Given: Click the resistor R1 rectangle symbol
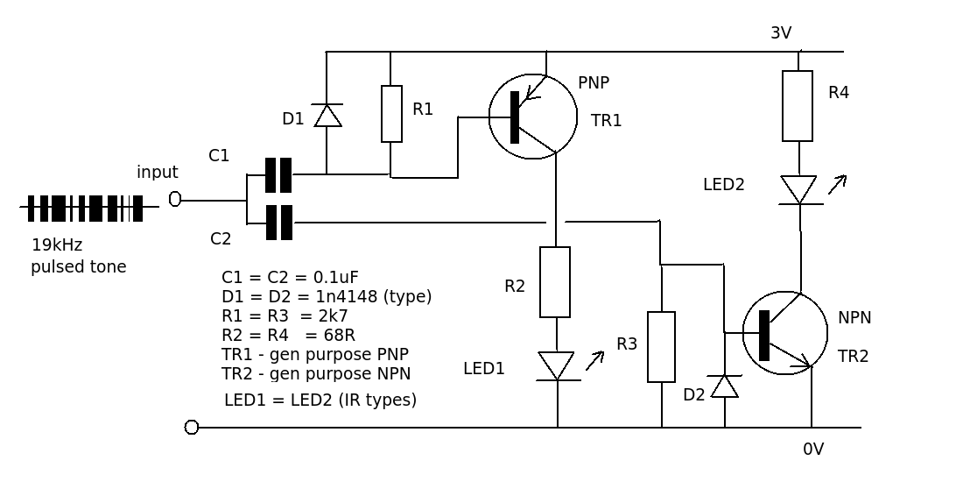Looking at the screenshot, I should [x=391, y=114].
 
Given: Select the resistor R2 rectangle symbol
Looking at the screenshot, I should [x=555, y=282].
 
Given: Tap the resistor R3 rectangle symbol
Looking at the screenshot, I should [x=661, y=347].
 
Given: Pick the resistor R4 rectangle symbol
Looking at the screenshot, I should [x=798, y=106].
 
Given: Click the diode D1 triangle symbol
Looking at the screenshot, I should [x=327, y=116].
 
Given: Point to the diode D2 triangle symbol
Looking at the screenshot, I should [x=725, y=386].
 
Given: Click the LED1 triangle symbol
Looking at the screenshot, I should [x=557, y=365].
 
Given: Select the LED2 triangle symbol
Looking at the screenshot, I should [x=798, y=189].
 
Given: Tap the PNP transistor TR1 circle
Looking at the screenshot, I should [x=533, y=117].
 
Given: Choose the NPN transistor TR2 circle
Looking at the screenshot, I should [x=785, y=333].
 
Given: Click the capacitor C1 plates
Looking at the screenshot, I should [x=278, y=175].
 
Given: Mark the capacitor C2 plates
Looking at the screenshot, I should [x=278, y=223].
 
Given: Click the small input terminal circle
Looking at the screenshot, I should [x=175, y=199].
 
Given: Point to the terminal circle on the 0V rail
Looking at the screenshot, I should [x=192, y=428].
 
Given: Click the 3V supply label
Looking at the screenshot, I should [x=781, y=33].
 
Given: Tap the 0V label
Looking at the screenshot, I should [x=813, y=450].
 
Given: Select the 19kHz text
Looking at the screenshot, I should [x=57, y=245].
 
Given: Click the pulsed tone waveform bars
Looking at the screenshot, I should [x=85, y=209].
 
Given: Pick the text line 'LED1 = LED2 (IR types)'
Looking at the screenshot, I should [x=320, y=400].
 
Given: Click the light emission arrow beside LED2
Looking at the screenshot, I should [x=838, y=184].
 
